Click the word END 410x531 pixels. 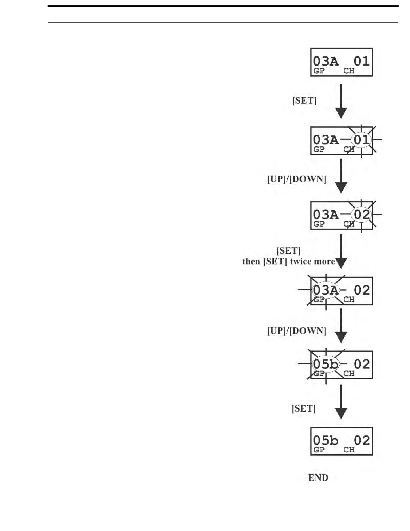point(318,478)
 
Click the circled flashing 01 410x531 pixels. point(361,139)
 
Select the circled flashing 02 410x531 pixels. point(361,215)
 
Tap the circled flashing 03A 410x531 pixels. point(326,290)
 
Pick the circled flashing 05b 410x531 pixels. point(326,364)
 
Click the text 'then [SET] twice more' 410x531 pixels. point(289,261)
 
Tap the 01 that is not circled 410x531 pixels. point(361,61)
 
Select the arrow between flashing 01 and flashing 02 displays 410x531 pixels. point(341,176)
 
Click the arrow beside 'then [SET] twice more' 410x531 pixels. point(341,251)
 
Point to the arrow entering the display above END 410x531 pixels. point(341,402)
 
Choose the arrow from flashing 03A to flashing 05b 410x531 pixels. point(341,325)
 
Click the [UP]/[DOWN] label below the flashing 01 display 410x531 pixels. point(296,179)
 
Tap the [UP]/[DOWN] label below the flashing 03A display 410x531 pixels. point(296,331)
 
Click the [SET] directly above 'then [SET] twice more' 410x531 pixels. point(288,251)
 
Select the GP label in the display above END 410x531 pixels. point(319,450)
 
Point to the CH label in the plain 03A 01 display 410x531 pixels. point(349,71)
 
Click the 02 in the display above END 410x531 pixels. point(361,440)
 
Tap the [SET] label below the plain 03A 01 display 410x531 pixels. point(304,101)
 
